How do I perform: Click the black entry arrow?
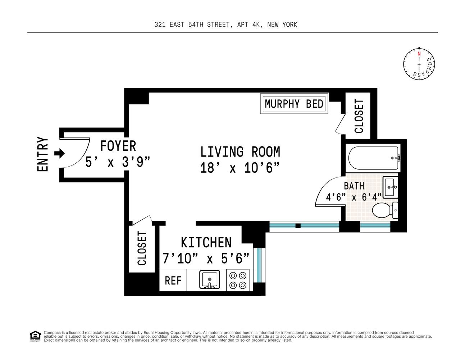click(x=59, y=153)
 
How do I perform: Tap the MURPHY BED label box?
click(x=294, y=104)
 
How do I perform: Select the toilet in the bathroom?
click(x=385, y=210)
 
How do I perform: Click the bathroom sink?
click(x=390, y=187)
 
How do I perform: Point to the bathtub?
click(x=374, y=158)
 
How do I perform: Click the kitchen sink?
click(x=210, y=279)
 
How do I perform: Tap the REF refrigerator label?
click(x=173, y=280)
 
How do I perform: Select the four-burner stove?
click(x=238, y=280)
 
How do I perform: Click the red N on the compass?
click(x=419, y=54)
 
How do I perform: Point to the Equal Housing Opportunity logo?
click(x=35, y=336)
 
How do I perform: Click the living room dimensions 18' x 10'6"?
click(x=240, y=168)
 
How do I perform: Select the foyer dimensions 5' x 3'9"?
click(x=118, y=162)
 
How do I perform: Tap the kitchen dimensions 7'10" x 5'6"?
click(x=206, y=258)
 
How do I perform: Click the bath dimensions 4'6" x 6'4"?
click(x=354, y=197)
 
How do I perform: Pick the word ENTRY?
click(x=42, y=154)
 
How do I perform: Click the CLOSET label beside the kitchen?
click(x=142, y=248)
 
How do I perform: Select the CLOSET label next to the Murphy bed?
click(x=359, y=116)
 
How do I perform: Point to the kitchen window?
click(x=259, y=265)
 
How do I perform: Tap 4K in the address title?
click(x=256, y=24)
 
